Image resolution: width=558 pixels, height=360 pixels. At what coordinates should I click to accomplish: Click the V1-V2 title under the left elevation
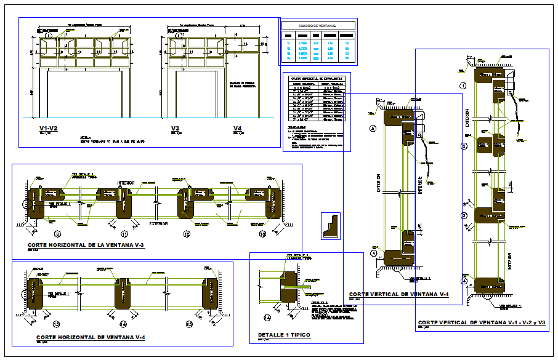tap(48, 129)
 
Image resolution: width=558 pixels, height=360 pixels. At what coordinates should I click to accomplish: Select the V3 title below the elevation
tap(176, 129)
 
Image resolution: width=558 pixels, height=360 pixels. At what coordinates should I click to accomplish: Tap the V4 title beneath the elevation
tap(238, 129)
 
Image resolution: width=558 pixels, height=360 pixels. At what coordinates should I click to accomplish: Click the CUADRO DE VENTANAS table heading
tap(318, 25)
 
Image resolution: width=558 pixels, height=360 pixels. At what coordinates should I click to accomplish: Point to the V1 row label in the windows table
tap(287, 42)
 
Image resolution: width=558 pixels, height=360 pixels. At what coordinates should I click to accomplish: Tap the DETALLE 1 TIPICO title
tap(284, 335)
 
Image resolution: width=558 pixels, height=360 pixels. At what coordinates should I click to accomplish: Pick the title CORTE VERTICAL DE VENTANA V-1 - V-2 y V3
tap(482, 322)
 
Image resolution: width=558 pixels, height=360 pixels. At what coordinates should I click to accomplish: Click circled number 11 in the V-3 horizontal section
tap(124, 234)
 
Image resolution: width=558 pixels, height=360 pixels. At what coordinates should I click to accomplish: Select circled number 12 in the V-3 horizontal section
tap(187, 234)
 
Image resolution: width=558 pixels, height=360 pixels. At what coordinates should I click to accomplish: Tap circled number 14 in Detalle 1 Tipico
tap(267, 318)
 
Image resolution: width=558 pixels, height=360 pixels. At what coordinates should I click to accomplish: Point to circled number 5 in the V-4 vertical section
tap(372, 128)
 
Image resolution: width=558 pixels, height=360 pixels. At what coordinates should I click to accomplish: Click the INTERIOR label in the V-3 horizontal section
tap(126, 183)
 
